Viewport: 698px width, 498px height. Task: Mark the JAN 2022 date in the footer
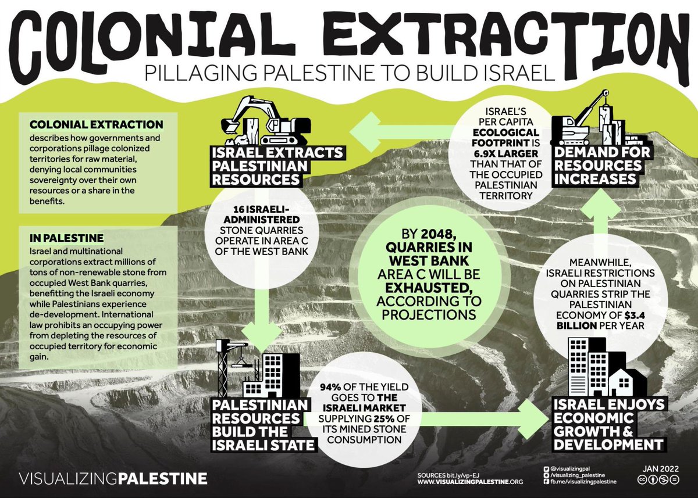pyautogui.click(x=660, y=467)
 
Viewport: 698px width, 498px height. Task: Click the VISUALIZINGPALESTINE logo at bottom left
pyautogui.click(x=113, y=479)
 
